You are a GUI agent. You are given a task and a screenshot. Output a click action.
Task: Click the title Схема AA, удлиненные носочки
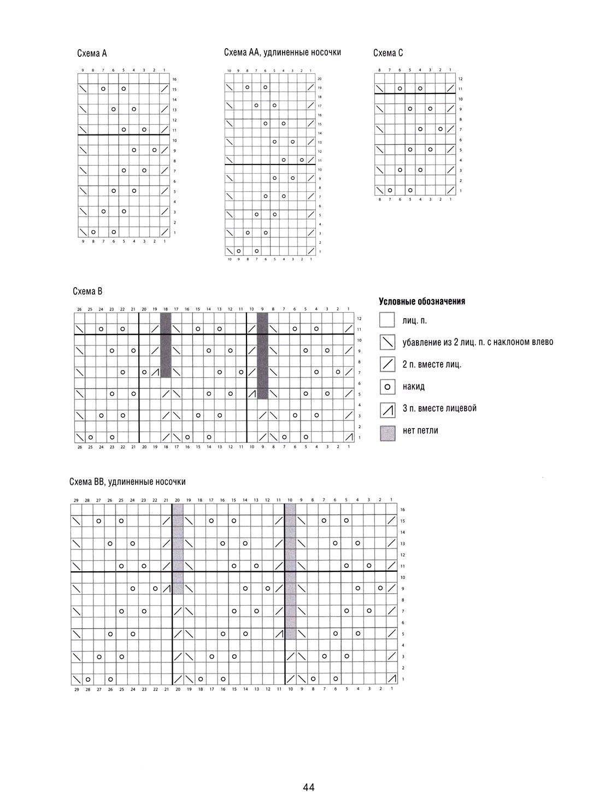(283, 52)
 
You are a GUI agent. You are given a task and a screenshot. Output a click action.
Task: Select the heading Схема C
(388, 53)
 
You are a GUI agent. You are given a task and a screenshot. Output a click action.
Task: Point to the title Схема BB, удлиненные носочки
(127, 482)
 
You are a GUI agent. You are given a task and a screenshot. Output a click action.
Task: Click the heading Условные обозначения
(421, 302)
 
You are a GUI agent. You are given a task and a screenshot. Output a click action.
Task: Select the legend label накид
(413, 387)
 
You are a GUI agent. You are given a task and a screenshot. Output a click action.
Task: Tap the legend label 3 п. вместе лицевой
(439, 408)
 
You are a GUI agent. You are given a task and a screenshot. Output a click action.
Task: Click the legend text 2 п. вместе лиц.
(432, 365)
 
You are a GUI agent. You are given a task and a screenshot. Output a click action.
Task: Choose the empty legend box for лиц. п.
(387, 320)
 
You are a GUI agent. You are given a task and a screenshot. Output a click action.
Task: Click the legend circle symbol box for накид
(387, 387)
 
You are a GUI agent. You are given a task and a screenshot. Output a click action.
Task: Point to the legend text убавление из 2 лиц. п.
(478, 342)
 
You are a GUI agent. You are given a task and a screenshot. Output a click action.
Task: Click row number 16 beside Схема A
(174, 79)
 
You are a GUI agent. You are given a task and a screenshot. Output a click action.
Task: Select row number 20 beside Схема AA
(320, 79)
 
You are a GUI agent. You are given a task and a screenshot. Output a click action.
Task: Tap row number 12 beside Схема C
(461, 79)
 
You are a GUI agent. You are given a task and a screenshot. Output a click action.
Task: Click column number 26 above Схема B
(79, 310)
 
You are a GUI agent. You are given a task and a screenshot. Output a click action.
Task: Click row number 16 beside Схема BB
(403, 510)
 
